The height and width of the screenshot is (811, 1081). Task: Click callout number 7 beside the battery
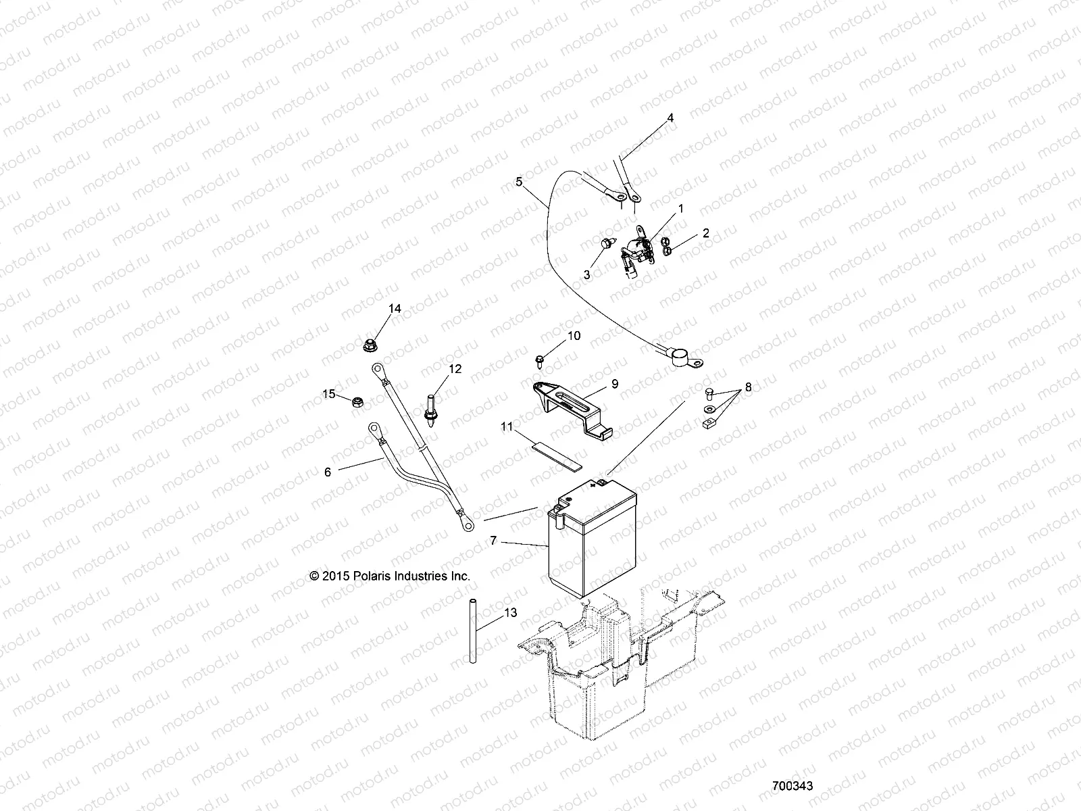click(x=493, y=541)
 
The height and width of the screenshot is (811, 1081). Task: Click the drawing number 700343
click(x=793, y=786)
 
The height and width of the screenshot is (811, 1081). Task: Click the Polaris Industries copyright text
click(x=390, y=576)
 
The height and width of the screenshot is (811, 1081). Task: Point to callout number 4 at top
click(x=670, y=118)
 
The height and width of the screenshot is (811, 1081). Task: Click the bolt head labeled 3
click(x=606, y=244)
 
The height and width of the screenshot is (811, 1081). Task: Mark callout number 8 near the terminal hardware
click(x=748, y=389)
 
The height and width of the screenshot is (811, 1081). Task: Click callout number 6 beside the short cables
click(x=328, y=472)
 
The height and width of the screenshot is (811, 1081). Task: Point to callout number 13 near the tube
click(x=511, y=612)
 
